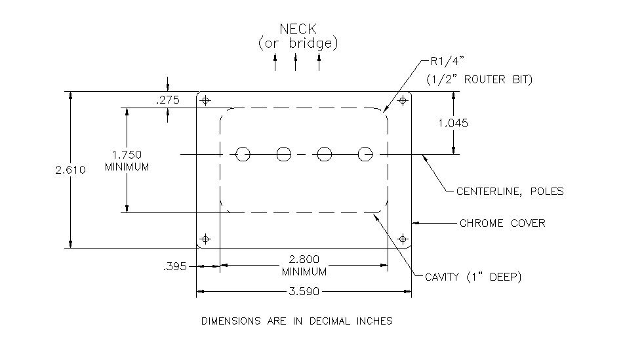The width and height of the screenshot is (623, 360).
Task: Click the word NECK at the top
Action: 298,29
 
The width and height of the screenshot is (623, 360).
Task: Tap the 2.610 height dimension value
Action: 70,170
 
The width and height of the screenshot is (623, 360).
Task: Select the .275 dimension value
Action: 168,100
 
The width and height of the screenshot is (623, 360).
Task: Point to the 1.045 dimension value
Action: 453,123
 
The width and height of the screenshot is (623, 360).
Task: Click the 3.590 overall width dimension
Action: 304,292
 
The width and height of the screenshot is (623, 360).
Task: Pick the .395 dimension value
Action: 175,266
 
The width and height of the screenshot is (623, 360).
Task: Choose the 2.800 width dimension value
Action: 304,259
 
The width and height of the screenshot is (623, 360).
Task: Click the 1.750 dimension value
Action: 127,155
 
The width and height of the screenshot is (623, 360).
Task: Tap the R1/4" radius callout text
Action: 447,61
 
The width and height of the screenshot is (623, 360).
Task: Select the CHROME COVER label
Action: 502,224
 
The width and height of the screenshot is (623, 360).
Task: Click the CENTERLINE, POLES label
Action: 510,191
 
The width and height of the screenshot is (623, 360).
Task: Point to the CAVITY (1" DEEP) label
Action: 473,277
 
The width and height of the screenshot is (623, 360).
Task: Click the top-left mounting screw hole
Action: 205,100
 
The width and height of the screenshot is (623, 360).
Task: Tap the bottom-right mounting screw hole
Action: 403,239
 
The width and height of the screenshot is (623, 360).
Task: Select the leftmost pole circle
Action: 243,154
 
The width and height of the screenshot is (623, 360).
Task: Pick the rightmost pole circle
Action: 365,154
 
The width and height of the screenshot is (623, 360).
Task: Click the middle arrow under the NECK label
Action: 295,62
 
